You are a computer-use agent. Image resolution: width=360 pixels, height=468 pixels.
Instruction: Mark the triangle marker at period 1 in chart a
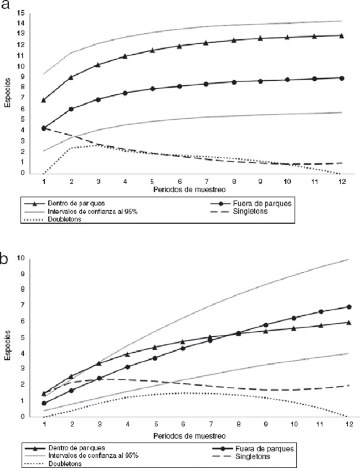(x=43, y=100)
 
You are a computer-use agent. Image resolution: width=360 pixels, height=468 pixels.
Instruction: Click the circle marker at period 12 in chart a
(x=342, y=78)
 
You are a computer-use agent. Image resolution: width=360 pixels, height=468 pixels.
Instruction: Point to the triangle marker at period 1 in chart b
(x=43, y=393)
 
